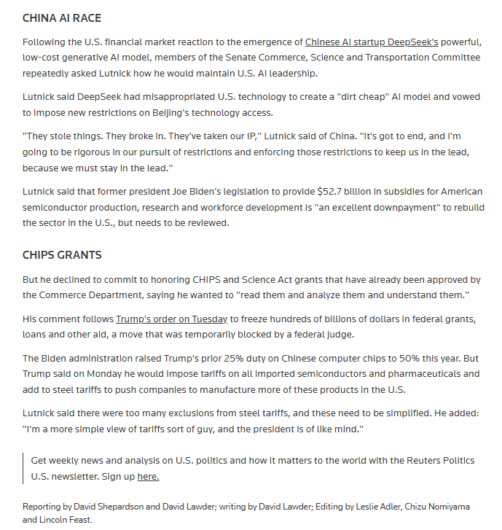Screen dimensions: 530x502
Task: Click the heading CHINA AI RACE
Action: point(62,18)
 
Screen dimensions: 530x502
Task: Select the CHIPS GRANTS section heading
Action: point(62,255)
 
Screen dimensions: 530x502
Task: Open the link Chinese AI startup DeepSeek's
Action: point(372,42)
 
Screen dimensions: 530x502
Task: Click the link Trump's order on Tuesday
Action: point(172,319)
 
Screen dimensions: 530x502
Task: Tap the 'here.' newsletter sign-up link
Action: point(148,476)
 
